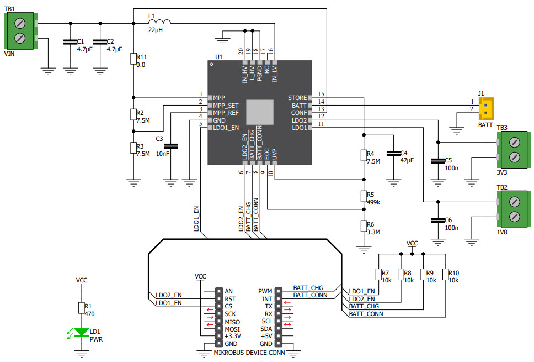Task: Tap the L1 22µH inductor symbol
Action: (160, 22)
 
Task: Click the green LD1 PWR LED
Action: (82, 333)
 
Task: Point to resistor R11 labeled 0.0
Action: (133, 59)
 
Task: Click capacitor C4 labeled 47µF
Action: (393, 153)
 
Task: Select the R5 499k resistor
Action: (364, 197)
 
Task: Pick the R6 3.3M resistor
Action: (364, 225)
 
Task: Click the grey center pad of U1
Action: (259, 113)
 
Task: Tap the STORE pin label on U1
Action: (297, 98)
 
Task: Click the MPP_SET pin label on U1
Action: (226, 104)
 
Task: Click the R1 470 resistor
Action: (82, 308)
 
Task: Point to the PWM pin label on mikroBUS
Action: (265, 291)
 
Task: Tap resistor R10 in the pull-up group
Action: (445, 275)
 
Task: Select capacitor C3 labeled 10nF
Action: (172, 146)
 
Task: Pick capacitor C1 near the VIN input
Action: (70, 42)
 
